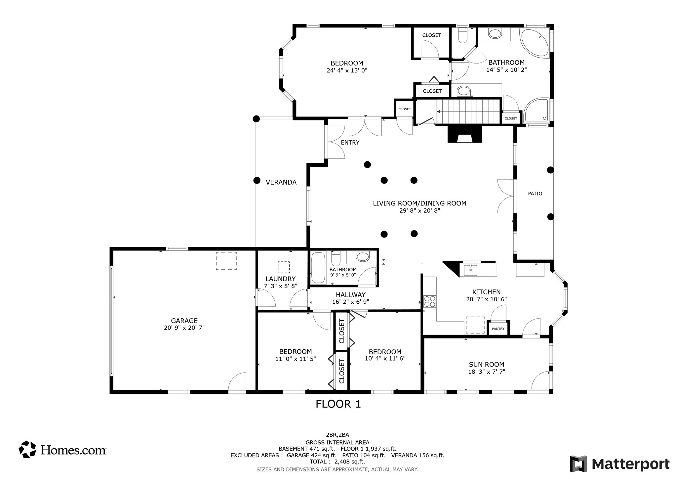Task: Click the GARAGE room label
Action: [x=184, y=321]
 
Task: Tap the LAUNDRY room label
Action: [x=280, y=279]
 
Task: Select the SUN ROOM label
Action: [x=487, y=365]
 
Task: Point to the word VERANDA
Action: [x=281, y=182]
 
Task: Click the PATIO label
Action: [x=535, y=194]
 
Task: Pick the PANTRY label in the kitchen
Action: [x=498, y=329]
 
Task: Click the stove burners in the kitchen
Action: [x=430, y=301]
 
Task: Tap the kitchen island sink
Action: [x=470, y=270]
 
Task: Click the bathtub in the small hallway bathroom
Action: [x=318, y=268]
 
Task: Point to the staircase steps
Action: [x=468, y=111]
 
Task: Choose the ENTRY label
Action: [x=350, y=143]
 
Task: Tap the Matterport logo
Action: [x=619, y=464]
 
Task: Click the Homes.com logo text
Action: [x=73, y=450]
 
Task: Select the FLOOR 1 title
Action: [x=338, y=404]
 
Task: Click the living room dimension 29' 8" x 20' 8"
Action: [x=419, y=211]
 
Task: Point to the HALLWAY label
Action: [x=351, y=295]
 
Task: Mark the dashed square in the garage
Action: [x=226, y=261]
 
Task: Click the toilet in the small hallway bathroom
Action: [x=336, y=258]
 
